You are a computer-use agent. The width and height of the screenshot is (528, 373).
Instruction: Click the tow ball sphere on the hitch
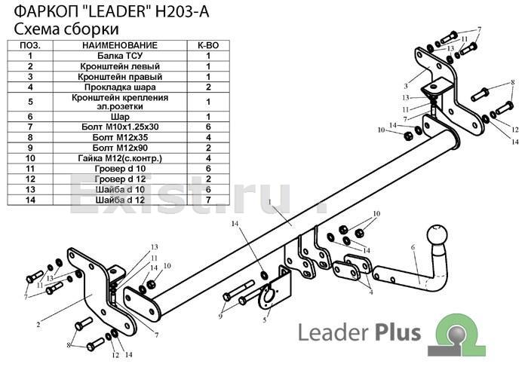coord(437,235)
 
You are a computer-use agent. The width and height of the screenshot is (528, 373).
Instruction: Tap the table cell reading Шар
coord(120,117)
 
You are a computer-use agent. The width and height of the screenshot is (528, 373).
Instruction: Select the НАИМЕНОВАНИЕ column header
coord(120,45)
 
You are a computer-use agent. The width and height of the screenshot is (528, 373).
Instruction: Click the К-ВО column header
coord(208,45)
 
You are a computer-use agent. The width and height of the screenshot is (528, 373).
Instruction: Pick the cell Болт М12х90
coord(120,148)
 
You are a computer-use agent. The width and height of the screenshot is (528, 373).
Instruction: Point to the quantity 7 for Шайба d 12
coord(208,200)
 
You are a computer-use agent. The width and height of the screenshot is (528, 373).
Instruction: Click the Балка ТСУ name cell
coord(120,56)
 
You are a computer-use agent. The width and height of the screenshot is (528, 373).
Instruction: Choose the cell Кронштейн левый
coord(120,66)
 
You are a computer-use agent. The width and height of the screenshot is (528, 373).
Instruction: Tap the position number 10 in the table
coord(30,158)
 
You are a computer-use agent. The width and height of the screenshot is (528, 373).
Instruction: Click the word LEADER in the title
coord(116,12)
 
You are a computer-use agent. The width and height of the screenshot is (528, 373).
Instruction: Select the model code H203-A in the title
coord(182,12)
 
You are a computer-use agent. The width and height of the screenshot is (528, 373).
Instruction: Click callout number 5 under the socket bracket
coord(265,319)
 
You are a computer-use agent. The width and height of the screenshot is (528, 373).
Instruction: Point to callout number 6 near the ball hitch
coord(413,248)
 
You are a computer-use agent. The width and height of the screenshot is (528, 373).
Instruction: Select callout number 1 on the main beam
coord(270,202)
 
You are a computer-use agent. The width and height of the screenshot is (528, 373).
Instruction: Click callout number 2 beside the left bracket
coord(38,325)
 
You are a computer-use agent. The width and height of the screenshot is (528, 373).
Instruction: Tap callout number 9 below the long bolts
coord(220,316)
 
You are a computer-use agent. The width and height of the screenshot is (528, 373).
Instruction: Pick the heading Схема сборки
coord(66,29)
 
